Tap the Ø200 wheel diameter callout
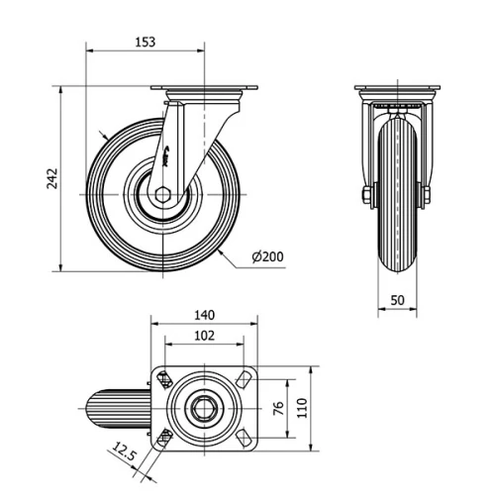[267, 257]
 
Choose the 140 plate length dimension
[204, 315]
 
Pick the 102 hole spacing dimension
[203, 335]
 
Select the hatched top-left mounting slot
[164, 377]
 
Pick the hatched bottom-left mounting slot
[164, 437]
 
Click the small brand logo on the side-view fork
[170, 153]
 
